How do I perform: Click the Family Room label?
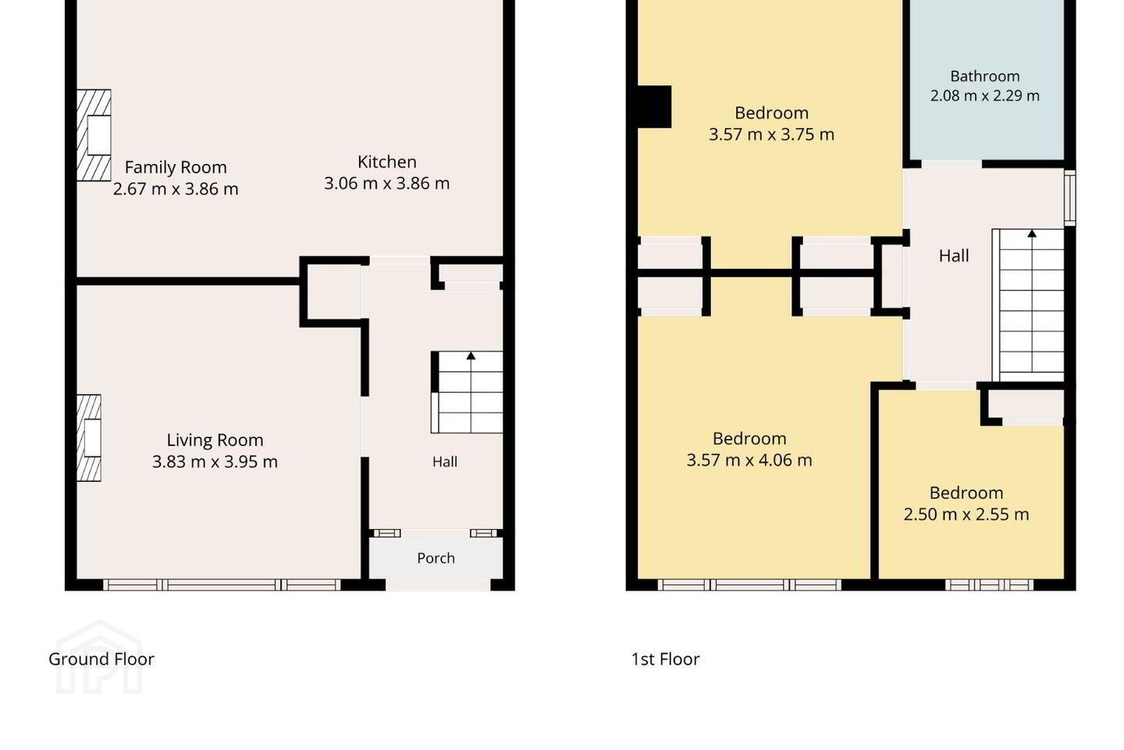click(176, 166)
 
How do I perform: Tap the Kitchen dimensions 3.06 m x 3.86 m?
click(387, 184)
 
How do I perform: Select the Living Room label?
click(215, 440)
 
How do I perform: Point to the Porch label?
click(436, 558)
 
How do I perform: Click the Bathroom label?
click(985, 77)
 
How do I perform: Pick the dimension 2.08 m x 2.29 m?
click(985, 95)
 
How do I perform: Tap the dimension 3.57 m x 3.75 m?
click(772, 134)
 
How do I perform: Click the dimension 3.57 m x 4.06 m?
click(749, 460)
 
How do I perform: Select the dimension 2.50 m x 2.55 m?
click(966, 514)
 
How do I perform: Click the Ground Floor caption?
click(101, 659)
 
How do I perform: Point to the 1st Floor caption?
click(665, 659)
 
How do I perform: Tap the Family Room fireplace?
click(94, 135)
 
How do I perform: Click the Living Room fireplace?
click(89, 438)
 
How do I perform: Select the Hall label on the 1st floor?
click(954, 256)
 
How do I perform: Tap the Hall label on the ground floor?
click(445, 462)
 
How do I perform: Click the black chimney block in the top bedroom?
click(654, 106)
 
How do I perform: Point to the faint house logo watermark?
click(99, 657)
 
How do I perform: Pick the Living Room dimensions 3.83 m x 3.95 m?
click(215, 462)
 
